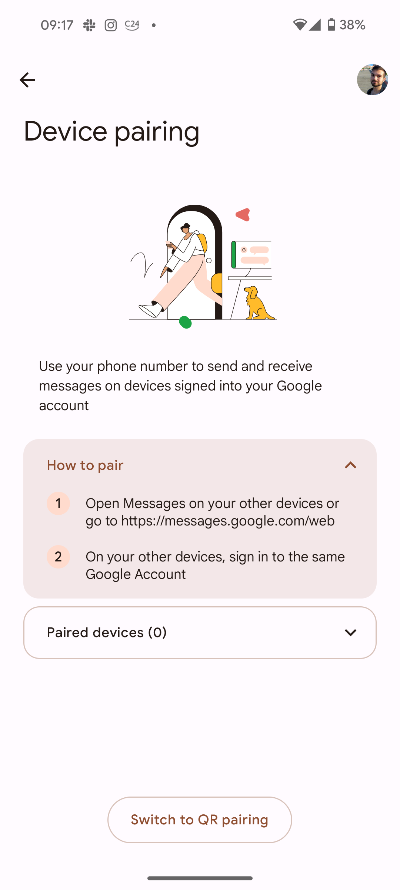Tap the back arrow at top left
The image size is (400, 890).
27,80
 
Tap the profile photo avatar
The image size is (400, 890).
372,80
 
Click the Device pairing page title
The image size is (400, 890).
111,132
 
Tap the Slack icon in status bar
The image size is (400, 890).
89,25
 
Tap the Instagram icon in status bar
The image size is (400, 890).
110,25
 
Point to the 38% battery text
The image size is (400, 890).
352,25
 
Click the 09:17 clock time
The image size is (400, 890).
57,25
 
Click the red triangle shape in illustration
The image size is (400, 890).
243,215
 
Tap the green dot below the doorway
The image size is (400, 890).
185,322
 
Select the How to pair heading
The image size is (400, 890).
85,465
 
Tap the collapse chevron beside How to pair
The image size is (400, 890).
350,465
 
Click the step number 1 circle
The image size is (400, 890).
58,504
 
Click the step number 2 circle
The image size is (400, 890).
58,557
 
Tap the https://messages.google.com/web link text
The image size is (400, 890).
228,521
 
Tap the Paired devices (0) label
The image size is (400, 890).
107,633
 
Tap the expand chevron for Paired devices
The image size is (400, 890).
350,633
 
